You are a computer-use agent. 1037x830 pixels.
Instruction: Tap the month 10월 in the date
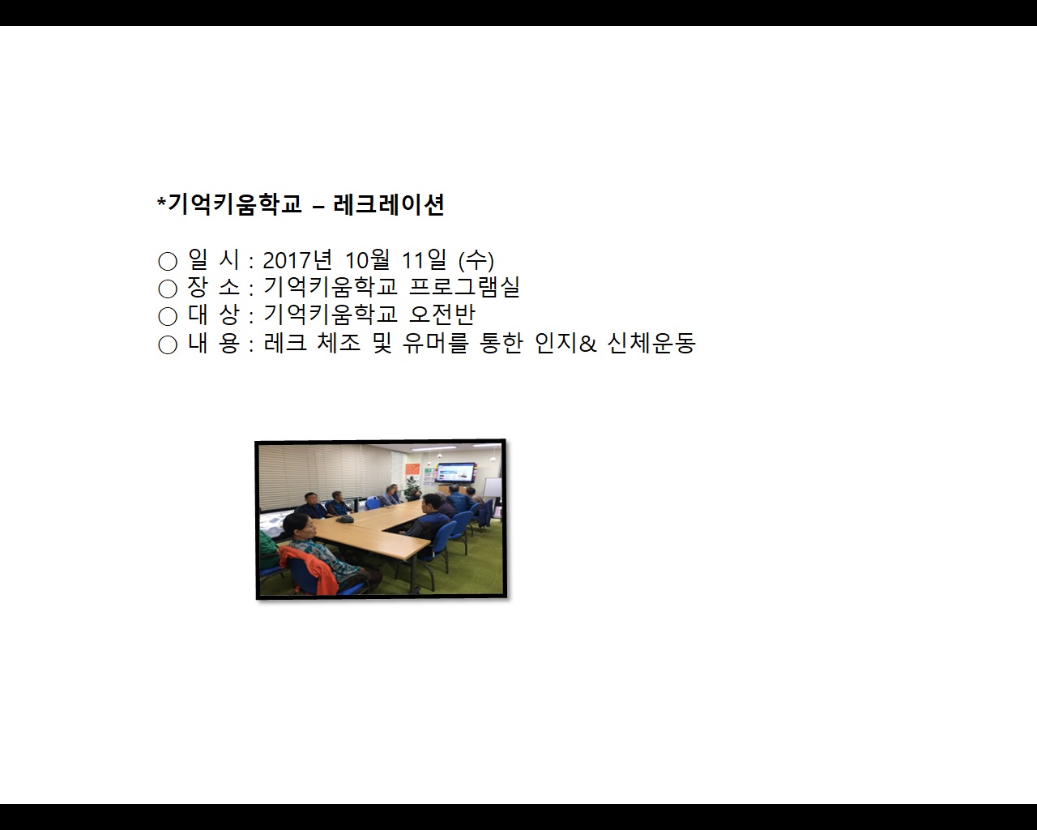pyautogui.click(x=368, y=260)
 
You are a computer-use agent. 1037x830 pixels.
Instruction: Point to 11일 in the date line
pyautogui.click(x=424, y=260)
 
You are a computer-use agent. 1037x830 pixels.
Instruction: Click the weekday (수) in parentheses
pyautogui.click(x=476, y=260)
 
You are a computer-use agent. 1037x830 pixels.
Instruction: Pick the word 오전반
pyautogui.click(x=442, y=314)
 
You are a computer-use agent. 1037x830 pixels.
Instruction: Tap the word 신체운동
pyautogui.click(x=651, y=343)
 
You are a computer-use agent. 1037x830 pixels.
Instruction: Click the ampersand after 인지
pyautogui.click(x=588, y=344)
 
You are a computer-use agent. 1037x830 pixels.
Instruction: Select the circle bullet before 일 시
pyautogui.click(x=168, y=261)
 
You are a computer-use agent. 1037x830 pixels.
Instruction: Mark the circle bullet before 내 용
pyautogui.click(x=168, y=344)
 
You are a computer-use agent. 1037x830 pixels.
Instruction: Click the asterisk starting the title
pyautogui.click(x=161, y=201)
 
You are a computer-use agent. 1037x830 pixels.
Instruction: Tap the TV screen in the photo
pyautogui.click(x=456, y=472)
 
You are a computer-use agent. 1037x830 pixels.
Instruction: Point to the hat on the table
pyautogui.click(x=344, y=518)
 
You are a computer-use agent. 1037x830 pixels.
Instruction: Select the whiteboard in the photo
pyautogui.click(x=492, y=488)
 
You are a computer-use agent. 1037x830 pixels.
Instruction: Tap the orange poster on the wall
pyautogui.click(x=413, y=470)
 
